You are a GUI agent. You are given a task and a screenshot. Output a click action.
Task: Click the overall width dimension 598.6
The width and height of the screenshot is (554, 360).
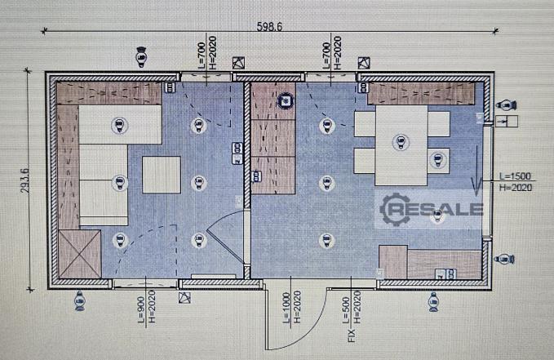click(x=269, y=26)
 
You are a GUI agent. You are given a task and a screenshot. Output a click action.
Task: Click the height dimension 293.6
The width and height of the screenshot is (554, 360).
click(x=25, y=180)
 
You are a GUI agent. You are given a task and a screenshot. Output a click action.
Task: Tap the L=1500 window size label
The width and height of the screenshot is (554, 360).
click(x=515, y=176)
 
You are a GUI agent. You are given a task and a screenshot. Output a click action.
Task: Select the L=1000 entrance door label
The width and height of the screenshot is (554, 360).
click(x=286, y=307)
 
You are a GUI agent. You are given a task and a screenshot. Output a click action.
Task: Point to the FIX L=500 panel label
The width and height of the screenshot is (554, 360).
click(x=348, y=319)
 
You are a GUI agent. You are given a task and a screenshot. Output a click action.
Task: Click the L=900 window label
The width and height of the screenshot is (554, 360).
click(x=142, y=309)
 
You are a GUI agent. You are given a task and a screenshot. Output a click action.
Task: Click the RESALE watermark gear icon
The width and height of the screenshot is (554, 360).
click(x=394, y=209)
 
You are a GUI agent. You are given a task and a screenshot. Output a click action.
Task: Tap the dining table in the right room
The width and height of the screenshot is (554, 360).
click(x=401, y=145)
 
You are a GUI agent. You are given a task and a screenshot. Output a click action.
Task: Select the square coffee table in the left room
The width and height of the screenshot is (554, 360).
click(x=162, y=175)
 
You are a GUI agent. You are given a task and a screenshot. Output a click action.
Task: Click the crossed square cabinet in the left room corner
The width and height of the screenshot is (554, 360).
click(x=80, y=254)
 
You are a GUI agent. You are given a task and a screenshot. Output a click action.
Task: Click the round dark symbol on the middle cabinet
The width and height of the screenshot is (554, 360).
click(x=285, y=101)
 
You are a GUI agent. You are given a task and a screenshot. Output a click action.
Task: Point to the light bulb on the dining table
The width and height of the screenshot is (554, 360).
click(x=401, y=142)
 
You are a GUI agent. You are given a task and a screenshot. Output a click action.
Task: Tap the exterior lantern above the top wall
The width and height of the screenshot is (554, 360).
click(x=141, y=56)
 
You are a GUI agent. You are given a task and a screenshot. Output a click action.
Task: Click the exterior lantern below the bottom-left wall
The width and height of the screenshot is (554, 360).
click(x=80, y=301)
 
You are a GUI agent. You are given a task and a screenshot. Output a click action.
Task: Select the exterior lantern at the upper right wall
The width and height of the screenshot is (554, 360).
click(x=506, y=105)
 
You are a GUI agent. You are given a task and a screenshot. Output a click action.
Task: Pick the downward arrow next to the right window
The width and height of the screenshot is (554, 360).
click(x=476, y=170)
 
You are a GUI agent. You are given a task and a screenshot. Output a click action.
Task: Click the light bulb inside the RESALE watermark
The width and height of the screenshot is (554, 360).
click(x=437, y=216)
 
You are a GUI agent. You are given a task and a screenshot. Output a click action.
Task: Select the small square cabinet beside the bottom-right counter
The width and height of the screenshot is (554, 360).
click(x=393, y=262)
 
